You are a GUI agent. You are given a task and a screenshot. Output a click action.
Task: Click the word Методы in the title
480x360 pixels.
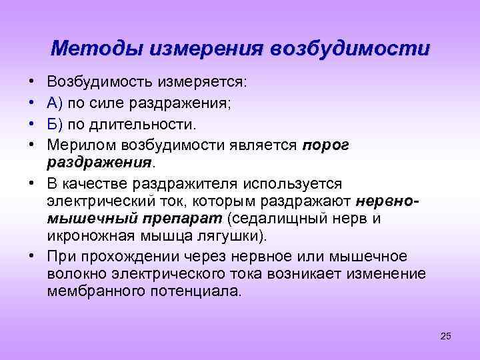pos(98,49)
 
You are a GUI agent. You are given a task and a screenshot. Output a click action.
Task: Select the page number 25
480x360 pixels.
pos(446,336)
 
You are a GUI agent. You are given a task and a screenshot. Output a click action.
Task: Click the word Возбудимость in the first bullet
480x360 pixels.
pos(100,83)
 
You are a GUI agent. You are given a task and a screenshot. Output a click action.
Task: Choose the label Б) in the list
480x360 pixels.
pos(55,125)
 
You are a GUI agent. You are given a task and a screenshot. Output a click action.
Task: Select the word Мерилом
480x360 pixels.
pos(76,145)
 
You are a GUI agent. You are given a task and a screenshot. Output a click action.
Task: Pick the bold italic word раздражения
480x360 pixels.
pos(100,163)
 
